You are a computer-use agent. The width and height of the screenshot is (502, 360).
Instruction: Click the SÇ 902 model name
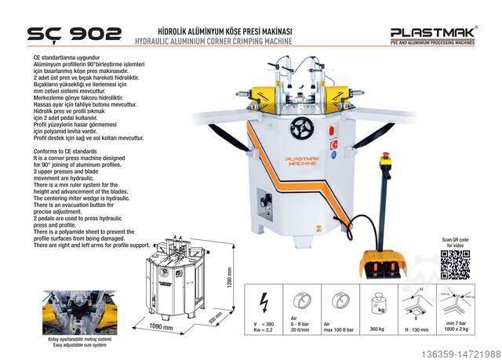point(75,33)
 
